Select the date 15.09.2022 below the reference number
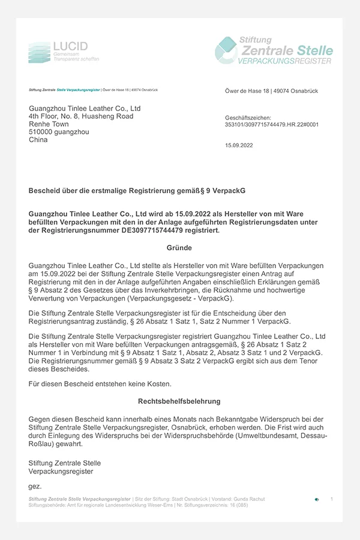(239, 145)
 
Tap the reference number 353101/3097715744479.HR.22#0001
(271, 125)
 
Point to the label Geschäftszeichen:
(248, 118)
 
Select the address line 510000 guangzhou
(57, 132)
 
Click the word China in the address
(38, 140)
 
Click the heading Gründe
(179, 247)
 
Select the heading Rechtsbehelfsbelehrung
(179, 401)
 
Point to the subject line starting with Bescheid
(137, 190)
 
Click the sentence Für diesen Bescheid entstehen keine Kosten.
(92, 383)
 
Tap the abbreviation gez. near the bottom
(35, 486)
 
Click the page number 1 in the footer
(332, 499)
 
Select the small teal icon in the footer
(317, 499)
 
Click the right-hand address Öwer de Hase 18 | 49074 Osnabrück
(271, 91)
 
